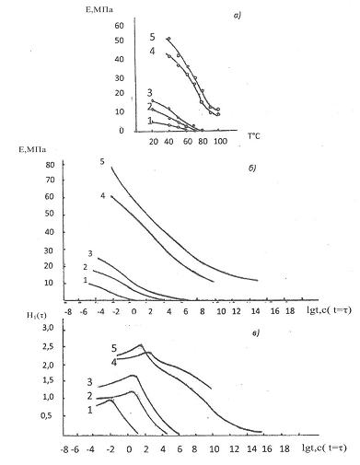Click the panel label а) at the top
(238, 15)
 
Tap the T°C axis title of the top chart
(254, 136)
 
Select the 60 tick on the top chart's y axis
(120, 26)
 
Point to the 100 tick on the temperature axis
(220, 141)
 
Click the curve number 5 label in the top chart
(153, 37)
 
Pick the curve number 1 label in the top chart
(150, 121)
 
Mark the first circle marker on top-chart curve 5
(168, 39)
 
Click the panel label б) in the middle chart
(251, 169)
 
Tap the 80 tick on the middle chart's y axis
(50, 165)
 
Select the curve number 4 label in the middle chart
(103, 195)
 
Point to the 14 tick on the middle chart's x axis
(255, 311)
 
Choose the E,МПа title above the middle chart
(32, 149)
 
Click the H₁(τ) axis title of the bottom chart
(37, 315)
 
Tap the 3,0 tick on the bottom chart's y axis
(48, 328)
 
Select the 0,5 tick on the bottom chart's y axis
(48, 415)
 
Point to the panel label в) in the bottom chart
(256, 333)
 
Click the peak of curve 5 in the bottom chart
(141, 344)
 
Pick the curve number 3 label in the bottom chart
(89, 382)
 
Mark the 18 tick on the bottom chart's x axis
(285, 448)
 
